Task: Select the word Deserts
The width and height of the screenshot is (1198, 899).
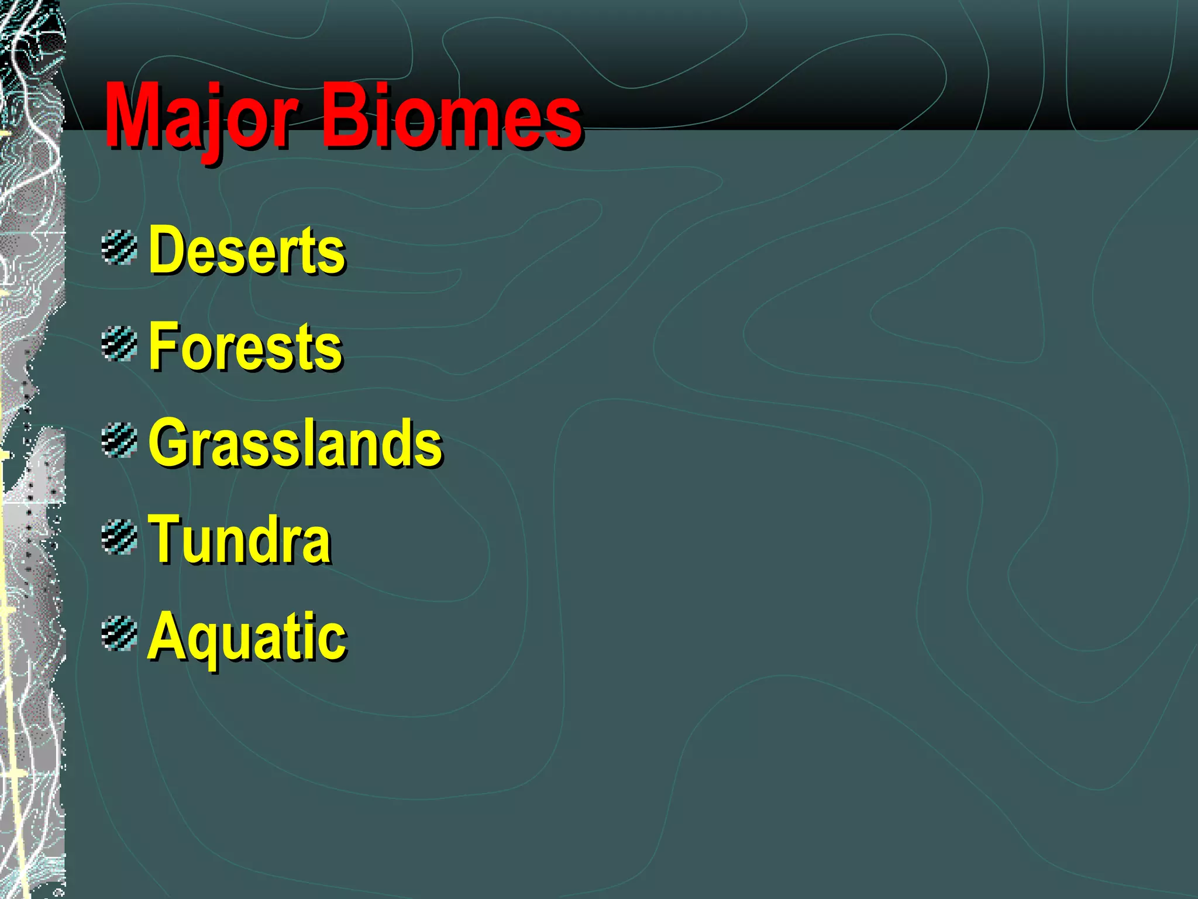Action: [247, 250]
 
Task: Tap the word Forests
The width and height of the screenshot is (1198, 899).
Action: [245, 346]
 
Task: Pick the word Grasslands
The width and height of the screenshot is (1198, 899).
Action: [295, 443]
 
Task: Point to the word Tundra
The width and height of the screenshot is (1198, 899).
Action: [239, 540]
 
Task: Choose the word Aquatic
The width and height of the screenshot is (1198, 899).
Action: [247, 637]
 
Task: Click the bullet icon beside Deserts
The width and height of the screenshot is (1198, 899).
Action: [119, 248]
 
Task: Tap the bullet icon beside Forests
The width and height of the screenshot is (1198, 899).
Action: [119, 344]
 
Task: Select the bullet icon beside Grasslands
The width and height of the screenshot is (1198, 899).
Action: [119, 441]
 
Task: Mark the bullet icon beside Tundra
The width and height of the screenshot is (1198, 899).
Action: [119, 537]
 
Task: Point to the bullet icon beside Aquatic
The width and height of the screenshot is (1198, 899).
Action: [119, 634]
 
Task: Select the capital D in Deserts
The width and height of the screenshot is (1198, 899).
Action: [165, 250]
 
